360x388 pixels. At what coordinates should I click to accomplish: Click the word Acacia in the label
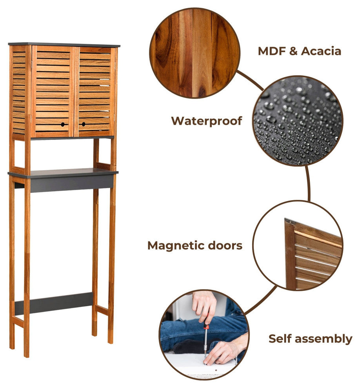(x=321, y=51)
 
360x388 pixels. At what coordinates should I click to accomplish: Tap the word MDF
(x=272, y=51)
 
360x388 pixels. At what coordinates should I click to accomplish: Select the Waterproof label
(x=207, y=121)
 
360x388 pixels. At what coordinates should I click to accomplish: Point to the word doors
(x=225, y=245)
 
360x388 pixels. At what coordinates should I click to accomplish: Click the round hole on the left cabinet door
(x=63, y=124)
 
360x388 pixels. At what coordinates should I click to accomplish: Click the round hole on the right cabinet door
(x=84, y=124)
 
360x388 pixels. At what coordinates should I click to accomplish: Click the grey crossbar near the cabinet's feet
(x=54, y=304)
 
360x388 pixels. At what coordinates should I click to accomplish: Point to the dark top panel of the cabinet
(x=64, y=45)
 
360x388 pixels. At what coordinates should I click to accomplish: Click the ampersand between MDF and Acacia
(x=293, y=51)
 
